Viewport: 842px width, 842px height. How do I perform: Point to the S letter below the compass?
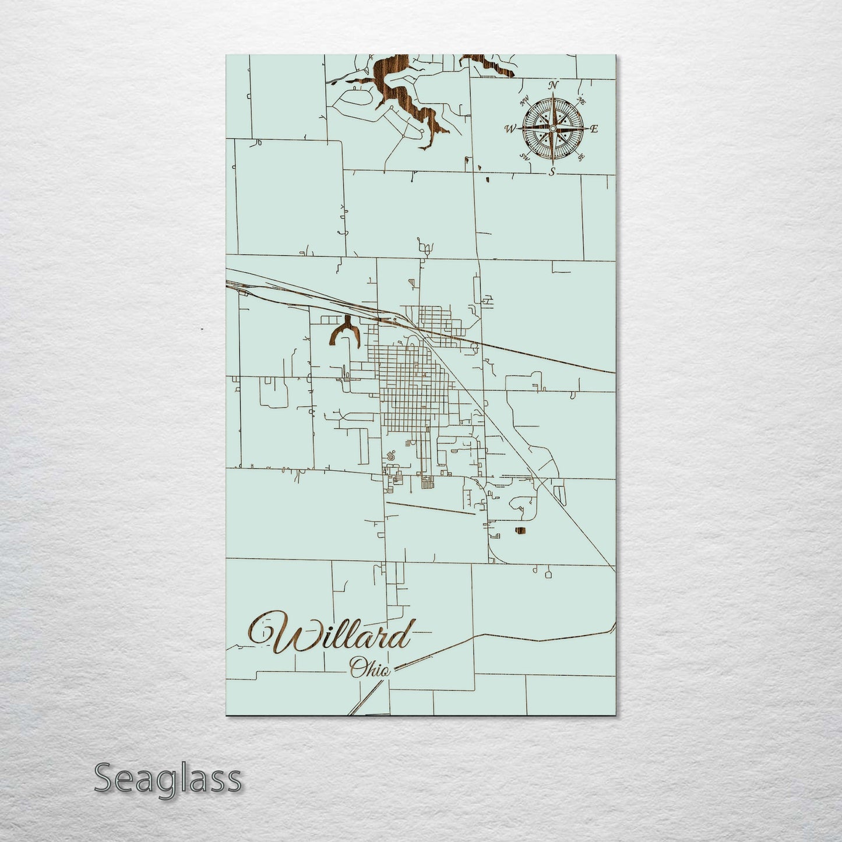pos(552,171)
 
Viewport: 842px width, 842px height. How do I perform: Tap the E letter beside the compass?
pos(594,129)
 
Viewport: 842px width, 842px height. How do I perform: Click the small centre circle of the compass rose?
pos(552,128)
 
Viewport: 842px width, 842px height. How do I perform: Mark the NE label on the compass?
pos(581,100)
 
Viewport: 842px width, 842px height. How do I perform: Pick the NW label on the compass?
pos(524,99)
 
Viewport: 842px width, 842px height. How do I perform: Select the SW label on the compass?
pos(524,156)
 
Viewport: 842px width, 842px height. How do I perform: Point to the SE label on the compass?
pos(580,156)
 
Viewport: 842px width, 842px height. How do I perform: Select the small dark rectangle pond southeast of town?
pos(520,530)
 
